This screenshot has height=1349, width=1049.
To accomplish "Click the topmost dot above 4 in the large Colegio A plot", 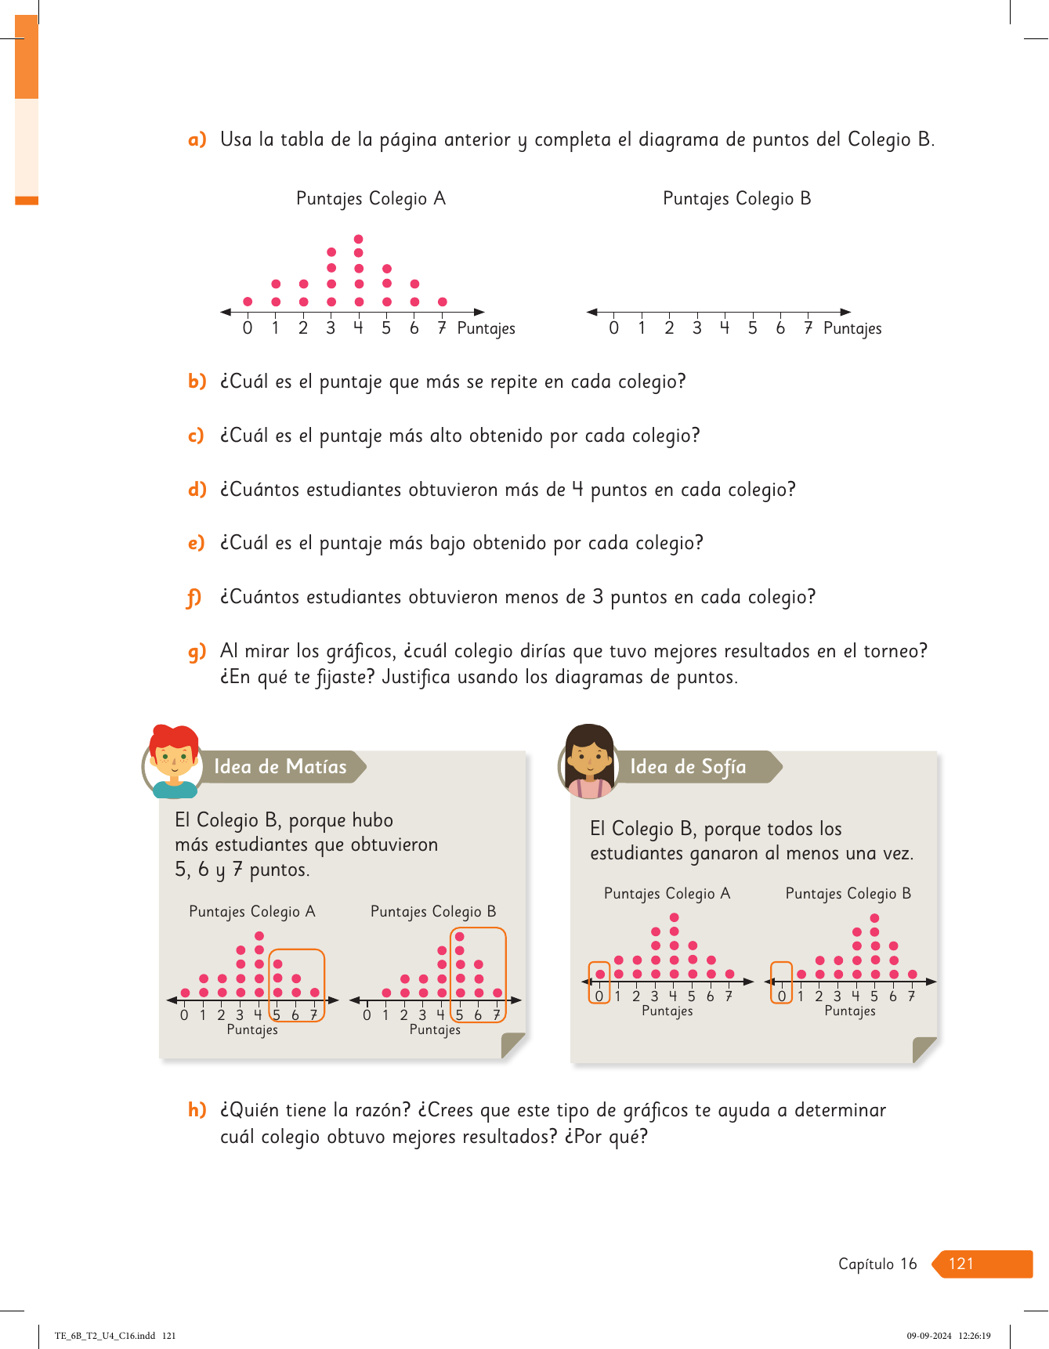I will pos(359,239).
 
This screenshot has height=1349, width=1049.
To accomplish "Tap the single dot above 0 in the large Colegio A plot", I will pos(248,302).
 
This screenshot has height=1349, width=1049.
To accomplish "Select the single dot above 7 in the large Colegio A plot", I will pos(443,302).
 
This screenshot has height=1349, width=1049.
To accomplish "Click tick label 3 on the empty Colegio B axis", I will pos(696,328).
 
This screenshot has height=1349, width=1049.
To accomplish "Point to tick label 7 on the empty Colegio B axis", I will pos(808,328).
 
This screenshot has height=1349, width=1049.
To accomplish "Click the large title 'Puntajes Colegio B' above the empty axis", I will pos(736,199).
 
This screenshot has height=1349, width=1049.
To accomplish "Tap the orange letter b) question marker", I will pos(197,382).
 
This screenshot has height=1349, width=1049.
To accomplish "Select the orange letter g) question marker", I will pos(197,652).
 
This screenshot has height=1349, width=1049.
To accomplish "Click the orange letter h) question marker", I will pos(197,1110).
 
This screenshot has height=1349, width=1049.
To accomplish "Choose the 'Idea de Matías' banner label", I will pos(280,767).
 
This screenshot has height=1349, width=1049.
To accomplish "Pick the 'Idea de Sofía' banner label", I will pos(688,767).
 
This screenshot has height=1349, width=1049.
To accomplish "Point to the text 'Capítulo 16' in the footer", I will pos(877,1264).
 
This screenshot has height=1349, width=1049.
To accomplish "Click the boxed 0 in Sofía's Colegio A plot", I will pos(599,996).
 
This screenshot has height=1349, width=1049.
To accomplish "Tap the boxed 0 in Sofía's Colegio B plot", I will pos(782,996).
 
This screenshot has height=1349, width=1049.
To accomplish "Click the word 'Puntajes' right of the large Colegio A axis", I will pos(486,329).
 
